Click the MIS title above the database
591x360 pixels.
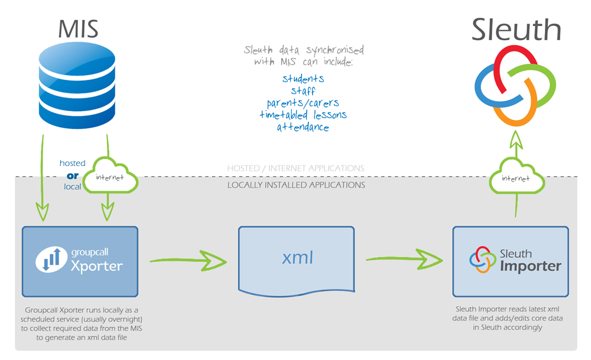pyautogui.click(x=78, y=29)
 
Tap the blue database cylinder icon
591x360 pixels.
pyautogui.click(x=77, y=85)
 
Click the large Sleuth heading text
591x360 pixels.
pyautogui.click(x=516, y=30)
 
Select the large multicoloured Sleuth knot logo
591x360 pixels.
pyautogui.click(x=515, y=86)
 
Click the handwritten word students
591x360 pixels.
pyautogui.click(x=303, y=79)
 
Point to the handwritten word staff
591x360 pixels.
pyautogui.click(x=303, y=91)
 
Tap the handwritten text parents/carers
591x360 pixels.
pyautogui.click(x=303, y=103)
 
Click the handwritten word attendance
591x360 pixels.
pyautogui.click(x=303, y=127)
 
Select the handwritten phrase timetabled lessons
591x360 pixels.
pyautogui.click(x=303, y=115)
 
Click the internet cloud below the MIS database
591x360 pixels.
pyautogui.click(x=110, y=176)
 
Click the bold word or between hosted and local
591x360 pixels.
pyautogui.click(x=72, y=176)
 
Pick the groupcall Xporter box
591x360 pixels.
pyautogui.click(x=80, y=262)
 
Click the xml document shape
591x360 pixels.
pyautogui.click(x=296, y=261)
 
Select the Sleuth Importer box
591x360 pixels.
pyautogui.click(x=511, y=261)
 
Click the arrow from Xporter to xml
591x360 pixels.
pyautogui.click(x=188, y=261)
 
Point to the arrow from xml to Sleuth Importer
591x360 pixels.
pyautogui.click(x=404, y=259)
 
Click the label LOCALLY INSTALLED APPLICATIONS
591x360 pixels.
pyautogui.click(x=296, y=185)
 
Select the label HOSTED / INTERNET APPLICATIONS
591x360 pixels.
pyautogui.click(x=296, y=168)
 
